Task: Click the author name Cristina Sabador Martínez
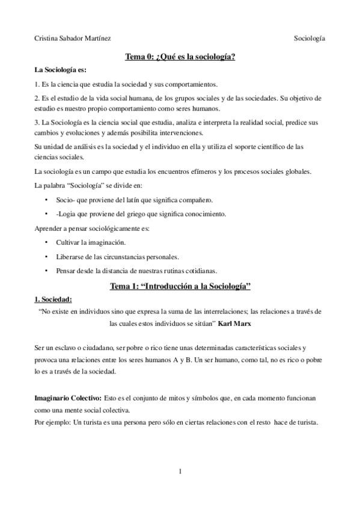point(72,38)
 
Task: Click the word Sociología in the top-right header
point(310,38)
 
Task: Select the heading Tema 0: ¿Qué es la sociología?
point(180,57)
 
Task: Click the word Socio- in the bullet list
point(64,200)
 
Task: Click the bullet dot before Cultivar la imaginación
point(47,242)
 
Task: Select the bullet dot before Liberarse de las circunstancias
point(47,256)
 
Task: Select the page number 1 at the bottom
point(180,471)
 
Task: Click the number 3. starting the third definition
point(37,122)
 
